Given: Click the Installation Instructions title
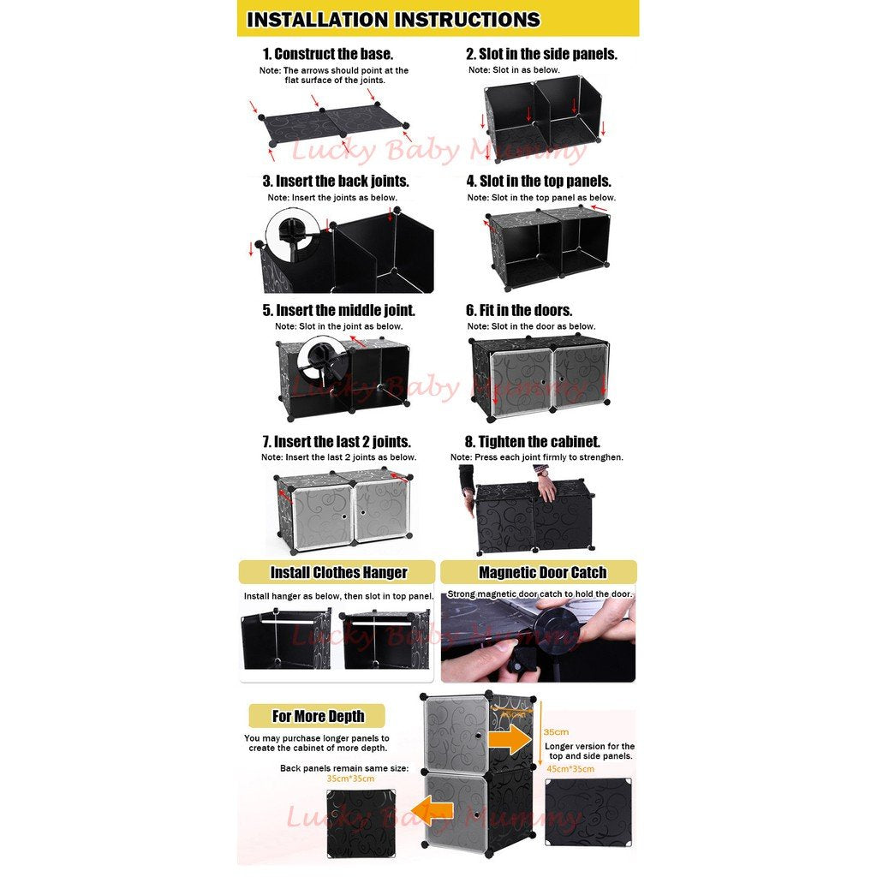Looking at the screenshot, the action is click(x=393, y=20).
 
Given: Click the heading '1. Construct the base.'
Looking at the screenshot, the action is click(x=328, y=54).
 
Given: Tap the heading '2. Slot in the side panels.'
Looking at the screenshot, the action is click(x=541, y=54).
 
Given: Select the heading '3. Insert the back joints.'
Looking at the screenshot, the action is click(x=336, y=182).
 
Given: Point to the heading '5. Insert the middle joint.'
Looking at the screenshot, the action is click(x=339, y=310).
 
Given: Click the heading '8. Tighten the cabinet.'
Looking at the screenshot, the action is click(x=533, y=442).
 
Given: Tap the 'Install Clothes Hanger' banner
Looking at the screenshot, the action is click(x=337, y=572).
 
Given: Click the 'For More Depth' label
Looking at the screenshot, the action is click(x=318, y=716).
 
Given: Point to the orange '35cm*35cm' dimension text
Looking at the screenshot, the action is click(x=350, y=779).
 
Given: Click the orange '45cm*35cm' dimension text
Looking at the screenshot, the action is click(x=570, y=769).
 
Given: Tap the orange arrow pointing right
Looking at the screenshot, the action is click(x=510, y=741).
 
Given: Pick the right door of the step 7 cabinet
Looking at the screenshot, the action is click(x=382, y=513).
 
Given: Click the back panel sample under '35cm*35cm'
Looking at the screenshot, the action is click(x=361, y=823).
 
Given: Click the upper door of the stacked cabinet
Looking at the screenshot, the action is click(x=456, y=734).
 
